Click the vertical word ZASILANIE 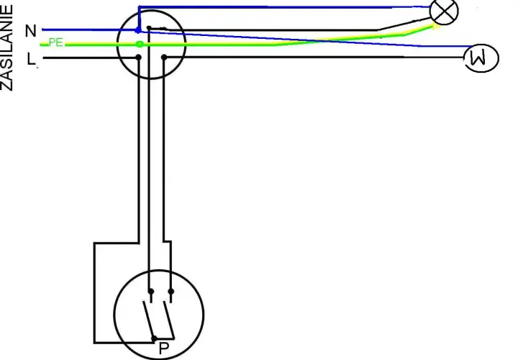click(x=6, y=48)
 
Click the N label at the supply click(x=31, y=31)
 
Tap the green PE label click(x=55, y=42)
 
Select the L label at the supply click(x=31, y=59)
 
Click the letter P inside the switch click(x=164, y=348)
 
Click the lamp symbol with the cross click(x=444, y=12)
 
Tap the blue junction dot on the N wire click(x=138, y=31)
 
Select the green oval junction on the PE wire click(x=140, y=44)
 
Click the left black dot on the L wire click(x=138, y=58)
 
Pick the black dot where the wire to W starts click(x=164, y=58)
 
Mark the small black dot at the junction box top click(x=149, y=28)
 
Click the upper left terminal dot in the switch click(x=151, y=291)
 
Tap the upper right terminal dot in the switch click(x=171, y=291)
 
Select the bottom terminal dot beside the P click(x=154, y=338)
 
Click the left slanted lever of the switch click(x=148, y=320)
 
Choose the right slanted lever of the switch click(x=168, y=320)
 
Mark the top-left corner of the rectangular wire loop click(x=94, y=243)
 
